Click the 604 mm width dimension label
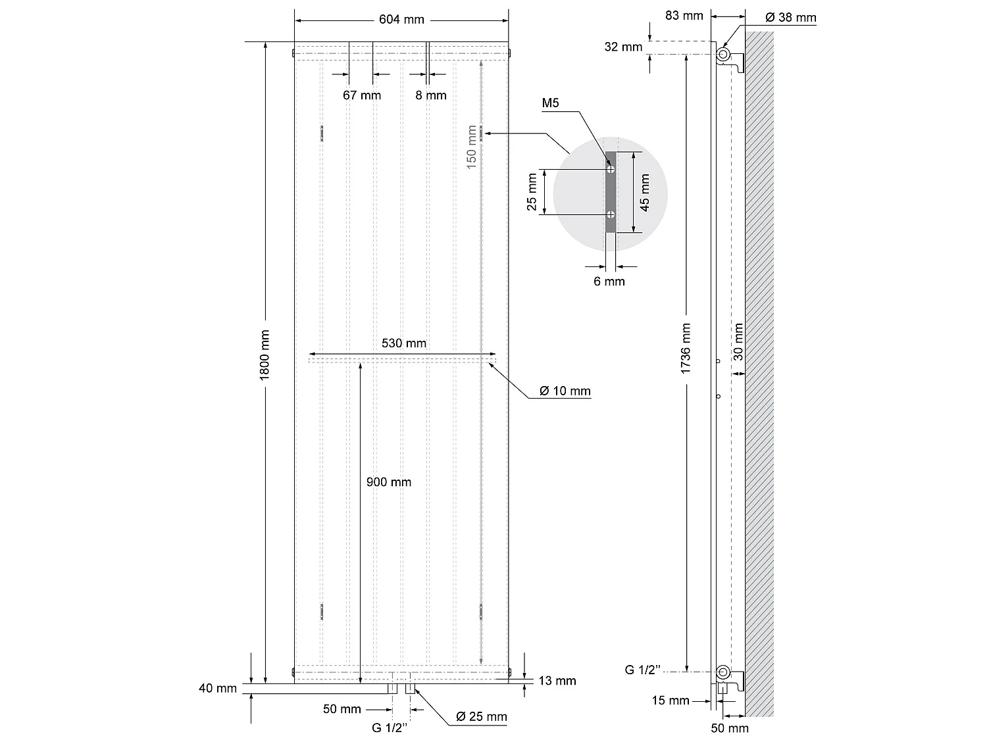[401, 20]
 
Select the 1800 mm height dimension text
[265, 355]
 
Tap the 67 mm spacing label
[362, 95]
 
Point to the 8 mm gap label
[431, 95]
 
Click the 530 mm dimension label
[404, 343]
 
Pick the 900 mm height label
[389, 482]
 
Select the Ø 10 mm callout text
[565, 391]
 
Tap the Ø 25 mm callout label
[481, 716]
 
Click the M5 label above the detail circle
[551, 104]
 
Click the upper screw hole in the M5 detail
[611, 169]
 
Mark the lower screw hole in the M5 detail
[611, 214]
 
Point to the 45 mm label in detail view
[645, 192]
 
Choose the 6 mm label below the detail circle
[609, 282]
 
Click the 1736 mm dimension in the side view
[686, 349]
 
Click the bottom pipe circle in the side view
[723, 672]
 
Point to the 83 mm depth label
[684, 15]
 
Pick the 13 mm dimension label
[557, 681]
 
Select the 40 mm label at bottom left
[218, 689]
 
